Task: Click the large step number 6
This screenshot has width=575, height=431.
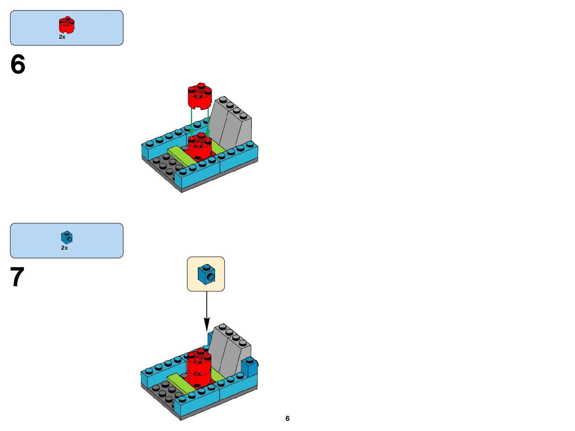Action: point(18,64)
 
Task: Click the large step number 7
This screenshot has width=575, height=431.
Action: point(17,277)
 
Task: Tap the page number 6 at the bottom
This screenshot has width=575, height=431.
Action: point(287,418)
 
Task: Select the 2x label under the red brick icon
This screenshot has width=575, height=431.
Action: point(62,37)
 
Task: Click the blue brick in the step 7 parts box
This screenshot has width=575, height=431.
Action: point(67,237)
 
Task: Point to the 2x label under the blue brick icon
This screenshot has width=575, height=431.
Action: point(64,248)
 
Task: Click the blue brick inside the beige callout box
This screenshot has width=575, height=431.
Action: point(206,274)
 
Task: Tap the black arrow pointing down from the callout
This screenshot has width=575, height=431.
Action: point(207,311)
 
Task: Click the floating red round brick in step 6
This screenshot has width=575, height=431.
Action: point(199,96)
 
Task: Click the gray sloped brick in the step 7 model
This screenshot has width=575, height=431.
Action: point(229,351)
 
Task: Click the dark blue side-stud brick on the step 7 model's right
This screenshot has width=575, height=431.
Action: point(249,367)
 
